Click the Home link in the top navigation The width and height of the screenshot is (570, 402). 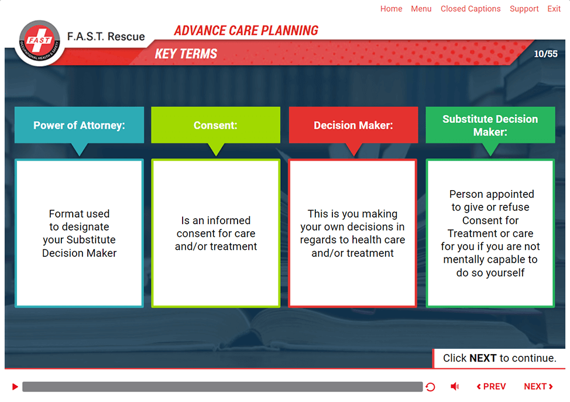pyautogui.click(x=391, y=9)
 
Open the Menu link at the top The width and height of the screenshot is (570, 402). pyautogui.click(x=421, y=9)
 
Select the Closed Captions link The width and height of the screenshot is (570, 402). pyautogui.click(x=471, y=9)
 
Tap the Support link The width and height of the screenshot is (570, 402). pyautogui.click(x=524, y=9)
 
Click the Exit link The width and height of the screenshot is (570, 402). pyautogui.click(x=554, y=9)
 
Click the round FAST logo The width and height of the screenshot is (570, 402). pyautogui.click(x=40, y=43)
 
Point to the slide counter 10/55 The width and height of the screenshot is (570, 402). pyautogui.click(x=545, y=54)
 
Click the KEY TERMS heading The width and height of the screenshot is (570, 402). pyautogui.click(x=186, y=54)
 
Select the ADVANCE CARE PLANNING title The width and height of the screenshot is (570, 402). pyautogui.click(x=246, y=30)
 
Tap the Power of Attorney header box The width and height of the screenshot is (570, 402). pyautogui.click(x=79, y=125)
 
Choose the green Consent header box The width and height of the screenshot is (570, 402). pyautogui.click(x=215, y=125)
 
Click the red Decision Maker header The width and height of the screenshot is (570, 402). pyautogui.click(x=353, y=125)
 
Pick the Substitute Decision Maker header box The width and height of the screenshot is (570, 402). pyautogui.click(x=490, y=125)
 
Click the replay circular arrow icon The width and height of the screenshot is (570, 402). pyautogui.click(x=430, y=387)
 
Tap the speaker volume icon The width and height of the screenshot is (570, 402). pyautogui.click(x=455, y=386)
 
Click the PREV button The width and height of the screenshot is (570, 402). pyautogui.click(x=491, y=386)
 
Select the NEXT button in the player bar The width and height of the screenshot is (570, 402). pyautogui.click(x=538, y=386)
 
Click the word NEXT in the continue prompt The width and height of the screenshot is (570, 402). pyautogui.click(x=483, y=358)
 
